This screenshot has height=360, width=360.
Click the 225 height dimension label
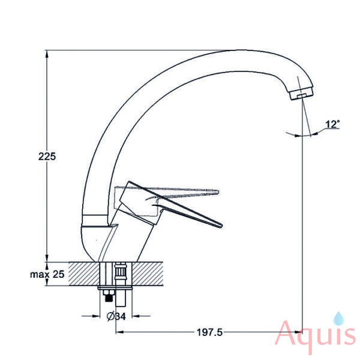pos(47,157)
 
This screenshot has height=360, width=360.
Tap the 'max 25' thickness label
pos(47,274)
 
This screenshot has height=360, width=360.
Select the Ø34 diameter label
pos(116,316)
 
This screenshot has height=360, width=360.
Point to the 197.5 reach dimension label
pos(209,332)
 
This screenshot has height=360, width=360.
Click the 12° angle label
pos(332,124)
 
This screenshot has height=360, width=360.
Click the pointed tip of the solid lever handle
pos(221,226)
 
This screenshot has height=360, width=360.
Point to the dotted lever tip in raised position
pos(218,192)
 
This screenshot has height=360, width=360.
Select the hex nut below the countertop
pos(109,293)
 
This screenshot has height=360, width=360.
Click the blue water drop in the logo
pos(338,319)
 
